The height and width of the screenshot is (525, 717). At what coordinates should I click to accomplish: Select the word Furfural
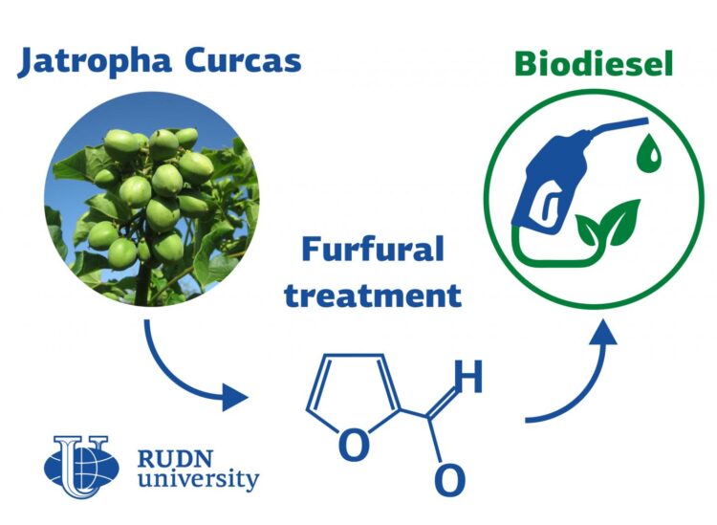click(373, 251)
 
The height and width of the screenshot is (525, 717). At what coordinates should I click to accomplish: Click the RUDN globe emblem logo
click(82, 467)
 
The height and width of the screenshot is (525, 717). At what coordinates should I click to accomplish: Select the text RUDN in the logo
click(181, 455)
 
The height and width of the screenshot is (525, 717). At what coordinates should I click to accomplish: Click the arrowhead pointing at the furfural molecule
click(235, 396)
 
